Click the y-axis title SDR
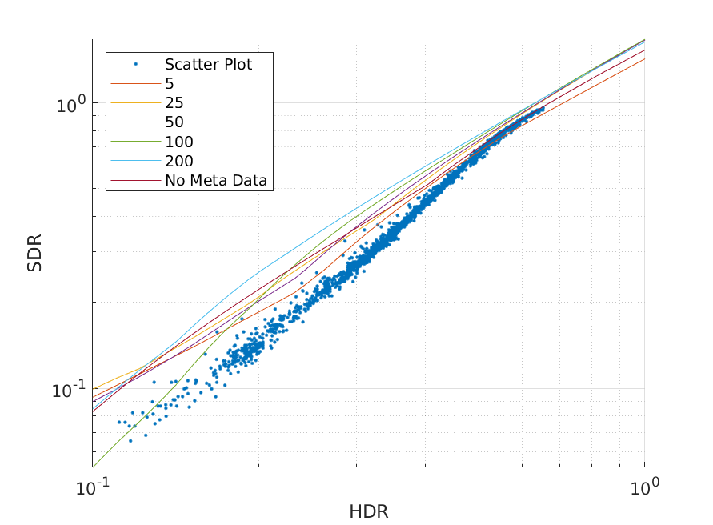[x=34, y=253]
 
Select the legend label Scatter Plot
[x=209, y=65]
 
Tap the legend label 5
[x=170, y=84]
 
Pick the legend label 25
[x=174, y=103]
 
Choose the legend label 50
[x=174, y=122]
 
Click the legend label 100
[x=179, y=142]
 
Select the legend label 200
[x=179, y=162]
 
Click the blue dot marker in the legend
[x=135, y=65]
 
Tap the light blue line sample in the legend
[x=135, y=162]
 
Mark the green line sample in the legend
[x=135, y=142]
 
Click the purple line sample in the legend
[x=135, y=122]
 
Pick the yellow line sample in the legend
[x=135, y=103]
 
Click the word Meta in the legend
[x=207, y=181]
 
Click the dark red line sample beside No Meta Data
[x=135, y=181]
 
